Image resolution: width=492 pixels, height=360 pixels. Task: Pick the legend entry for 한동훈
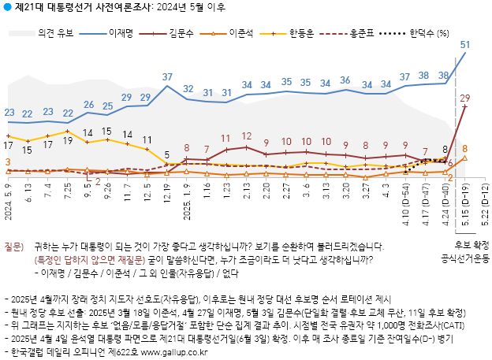click(x=311, y=35)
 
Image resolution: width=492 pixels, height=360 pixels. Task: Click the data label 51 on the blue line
click(x=464, y=44)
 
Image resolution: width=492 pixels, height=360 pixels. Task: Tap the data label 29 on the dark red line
click(x=464, y=98)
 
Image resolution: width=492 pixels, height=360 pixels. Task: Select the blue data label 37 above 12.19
click(x=168, y=76)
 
